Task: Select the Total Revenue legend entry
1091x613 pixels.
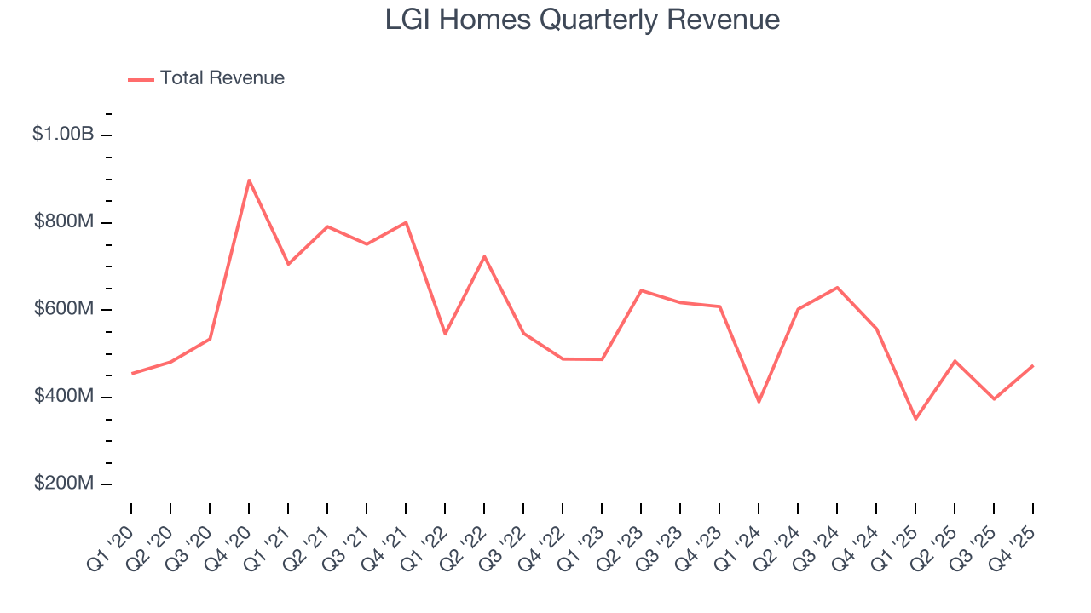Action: (x=206, y=78)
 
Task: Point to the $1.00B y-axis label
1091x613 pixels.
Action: (x=62, y=135)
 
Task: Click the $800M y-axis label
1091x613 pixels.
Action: (x=63, y=222)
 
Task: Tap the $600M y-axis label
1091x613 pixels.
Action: (x=63, y=309)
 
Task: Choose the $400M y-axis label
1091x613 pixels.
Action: (x=63, y=397)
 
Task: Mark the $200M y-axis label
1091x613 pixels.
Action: (x=63, y=484)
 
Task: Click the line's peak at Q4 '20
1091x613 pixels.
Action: (x=249, y=180)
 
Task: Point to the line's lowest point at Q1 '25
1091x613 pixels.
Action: (x=915, y=419)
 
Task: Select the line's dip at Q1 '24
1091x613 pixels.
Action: (x=759, y=402)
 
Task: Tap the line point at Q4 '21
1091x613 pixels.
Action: (x=406, y=222)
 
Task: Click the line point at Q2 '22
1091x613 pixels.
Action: (x=484, y=256)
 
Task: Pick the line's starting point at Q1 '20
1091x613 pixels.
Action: (x=131, y=373)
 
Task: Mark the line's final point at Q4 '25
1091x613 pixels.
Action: (x=1033, y=365)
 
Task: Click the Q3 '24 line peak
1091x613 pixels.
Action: (x=837, y=288)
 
